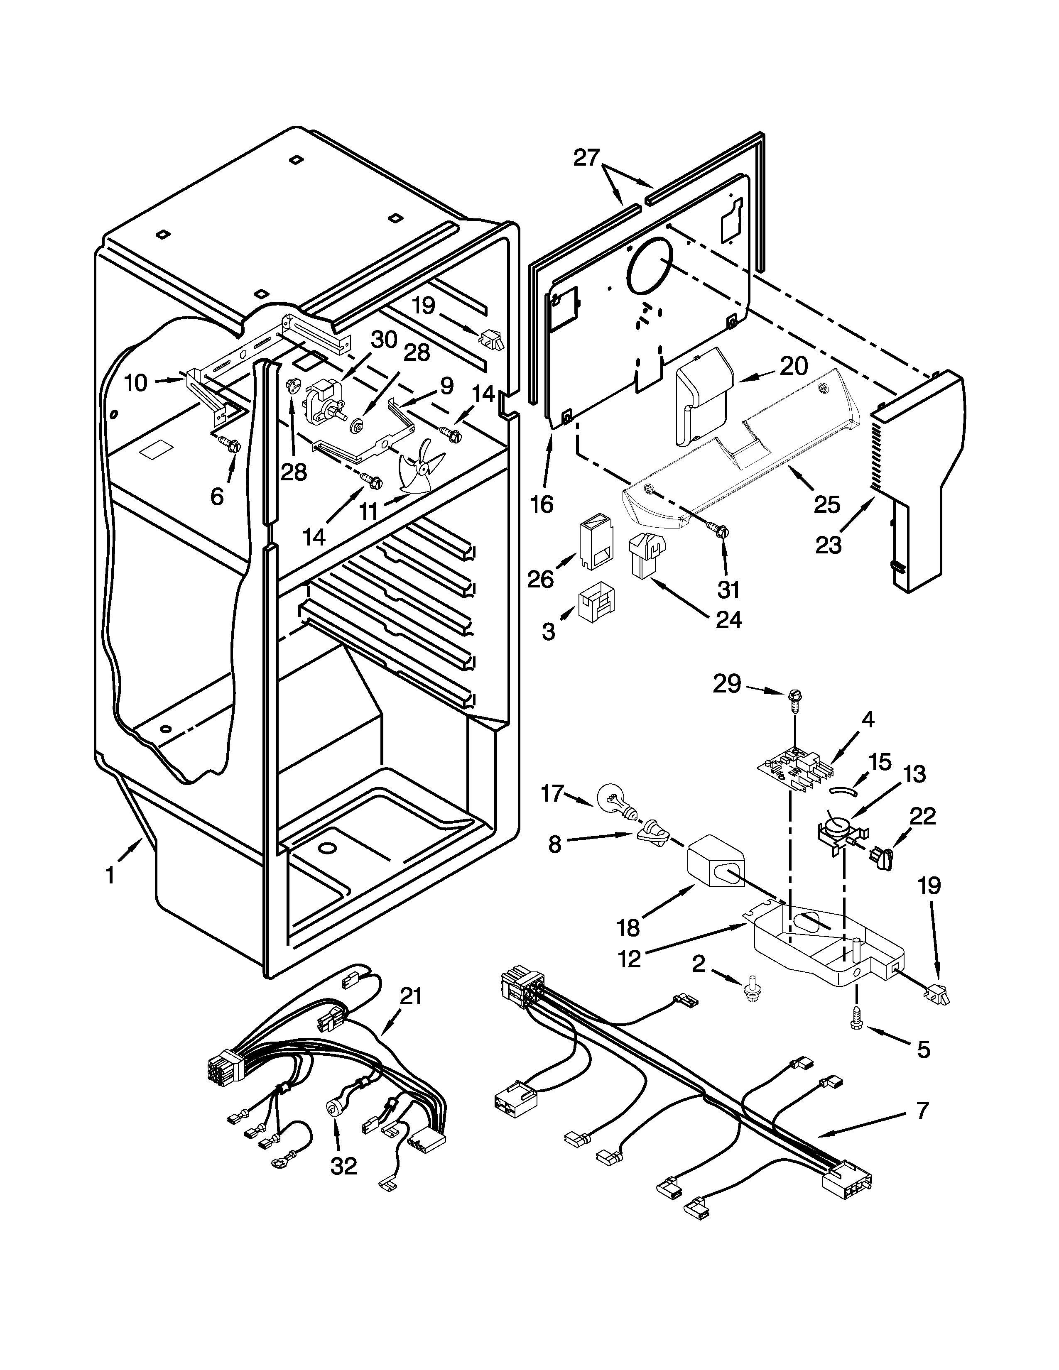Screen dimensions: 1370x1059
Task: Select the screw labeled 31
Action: (x=720, y=531)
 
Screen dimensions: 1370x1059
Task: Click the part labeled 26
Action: (x=596, y=542)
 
